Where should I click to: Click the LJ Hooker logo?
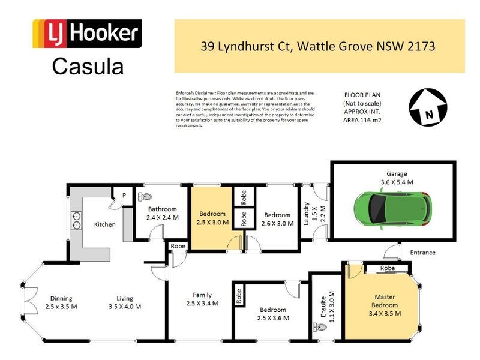tap(87, 34)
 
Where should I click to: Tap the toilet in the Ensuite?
tap(319, 328)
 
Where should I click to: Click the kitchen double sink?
tap(77, 220)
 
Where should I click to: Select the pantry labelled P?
tap(124, 196)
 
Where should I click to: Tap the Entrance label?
tap(424, 253)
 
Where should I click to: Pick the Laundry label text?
tap(307, 213)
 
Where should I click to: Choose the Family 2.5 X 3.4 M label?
tap(202, 299)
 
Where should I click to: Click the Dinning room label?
tap(61, 302)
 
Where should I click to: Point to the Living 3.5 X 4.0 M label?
tap(125, 302)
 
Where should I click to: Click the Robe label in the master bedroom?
tap(387, 268)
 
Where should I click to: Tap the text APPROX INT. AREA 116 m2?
tap(362, 116)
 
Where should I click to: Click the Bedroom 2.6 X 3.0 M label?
tap(278, 218)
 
